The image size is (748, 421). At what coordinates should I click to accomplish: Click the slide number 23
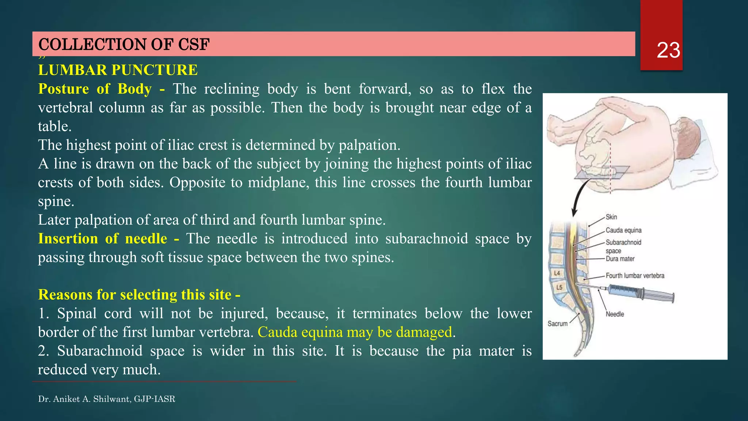click(x=668, y=50)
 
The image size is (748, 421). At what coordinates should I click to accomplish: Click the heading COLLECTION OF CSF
click(x=124, y=45)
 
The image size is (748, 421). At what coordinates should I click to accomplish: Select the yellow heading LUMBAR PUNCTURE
click(x=118, y=70)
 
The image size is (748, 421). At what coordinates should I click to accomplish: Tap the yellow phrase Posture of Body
click(x=95, y=89)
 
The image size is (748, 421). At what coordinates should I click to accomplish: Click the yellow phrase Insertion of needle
click(x=103, y=239)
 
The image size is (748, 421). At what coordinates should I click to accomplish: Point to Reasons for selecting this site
click(x=139, y=295)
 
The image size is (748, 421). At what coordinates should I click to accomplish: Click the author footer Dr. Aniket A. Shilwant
click(x=106, y=399)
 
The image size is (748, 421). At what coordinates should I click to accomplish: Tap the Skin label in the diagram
click(x=611, y=217)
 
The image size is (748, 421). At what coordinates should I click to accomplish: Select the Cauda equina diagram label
click(x=623, y=230)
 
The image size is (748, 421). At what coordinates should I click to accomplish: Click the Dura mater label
click(x=620, y=259)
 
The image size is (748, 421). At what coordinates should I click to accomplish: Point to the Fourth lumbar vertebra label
click(x=635, y=276)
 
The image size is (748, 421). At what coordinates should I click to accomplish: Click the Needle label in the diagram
click(x=615, y=314)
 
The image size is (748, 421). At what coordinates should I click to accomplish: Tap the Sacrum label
click(x=557, y=324)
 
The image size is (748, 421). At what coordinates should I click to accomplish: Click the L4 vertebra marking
click(x=557, y=273)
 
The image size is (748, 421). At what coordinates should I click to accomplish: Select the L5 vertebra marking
click(x=559, y=287)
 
